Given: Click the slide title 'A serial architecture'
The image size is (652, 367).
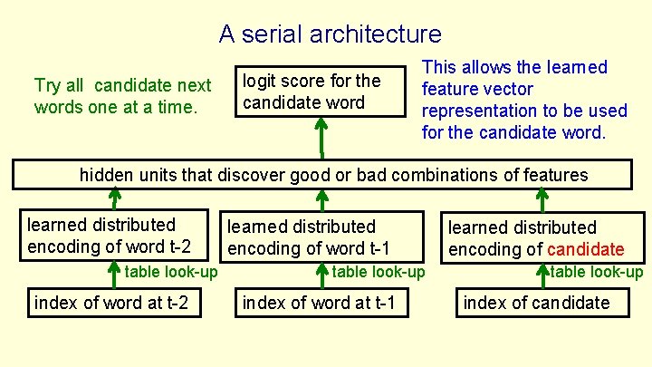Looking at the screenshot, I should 330,34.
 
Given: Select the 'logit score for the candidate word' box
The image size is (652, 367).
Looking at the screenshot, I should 321,92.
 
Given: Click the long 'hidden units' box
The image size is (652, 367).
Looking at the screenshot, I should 321,175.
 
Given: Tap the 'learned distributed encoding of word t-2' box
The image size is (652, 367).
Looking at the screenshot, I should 115,236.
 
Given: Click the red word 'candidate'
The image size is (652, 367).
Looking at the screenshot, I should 585,249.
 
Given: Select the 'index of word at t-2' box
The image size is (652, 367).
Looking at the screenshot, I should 111,302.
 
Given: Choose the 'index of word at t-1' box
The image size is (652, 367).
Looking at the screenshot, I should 320,302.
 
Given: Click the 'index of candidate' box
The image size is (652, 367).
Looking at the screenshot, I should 542,303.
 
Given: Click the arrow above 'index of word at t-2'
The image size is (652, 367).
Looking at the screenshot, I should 115,274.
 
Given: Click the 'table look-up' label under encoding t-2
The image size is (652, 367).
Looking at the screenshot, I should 171,271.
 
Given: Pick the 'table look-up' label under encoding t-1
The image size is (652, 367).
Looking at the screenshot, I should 378,272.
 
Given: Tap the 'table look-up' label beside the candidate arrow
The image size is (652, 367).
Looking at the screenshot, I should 597,272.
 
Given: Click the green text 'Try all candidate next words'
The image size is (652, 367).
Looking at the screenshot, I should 122,96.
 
